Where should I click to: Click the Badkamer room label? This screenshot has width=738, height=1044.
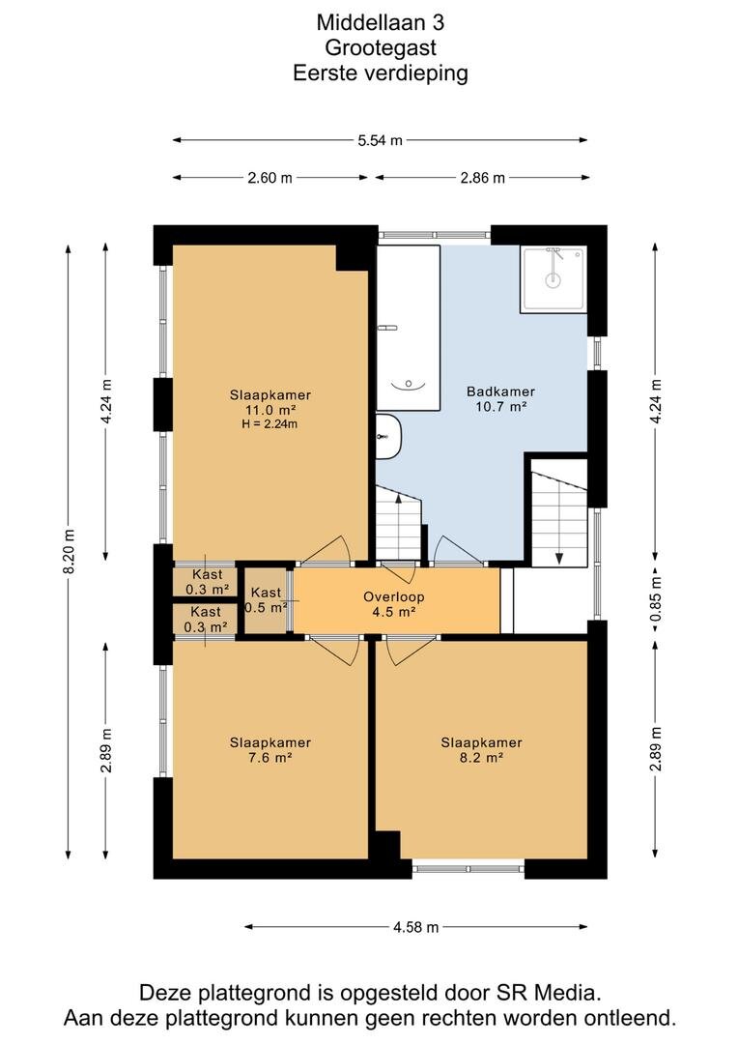[x=500, y=391]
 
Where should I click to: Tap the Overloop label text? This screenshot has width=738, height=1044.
[x=393, y=596]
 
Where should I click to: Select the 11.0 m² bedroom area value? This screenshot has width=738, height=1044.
[x=270, y=410]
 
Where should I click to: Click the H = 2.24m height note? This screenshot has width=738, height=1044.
[x=270, y=424]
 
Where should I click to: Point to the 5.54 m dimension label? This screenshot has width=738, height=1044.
[x=380, y=140]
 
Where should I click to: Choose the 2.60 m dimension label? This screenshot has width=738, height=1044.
[x=270, y=178]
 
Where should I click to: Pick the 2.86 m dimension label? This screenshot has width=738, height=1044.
[x=482, y=178]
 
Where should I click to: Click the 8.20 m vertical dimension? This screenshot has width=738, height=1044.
[x=69, y=552]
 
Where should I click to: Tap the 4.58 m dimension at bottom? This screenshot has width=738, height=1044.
[x=416, y=927]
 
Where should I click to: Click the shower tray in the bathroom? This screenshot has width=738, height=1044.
[x=553, y=279]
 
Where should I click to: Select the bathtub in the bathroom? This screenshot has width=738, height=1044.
[x=408, y=328]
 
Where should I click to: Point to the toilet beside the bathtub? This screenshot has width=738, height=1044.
[x=388, y=437]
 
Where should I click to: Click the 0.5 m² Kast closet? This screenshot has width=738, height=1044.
[x=267, y=599]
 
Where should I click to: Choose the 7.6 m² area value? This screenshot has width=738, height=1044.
[x=270, y=758]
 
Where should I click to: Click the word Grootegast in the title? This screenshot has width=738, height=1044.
[x=381, y=48]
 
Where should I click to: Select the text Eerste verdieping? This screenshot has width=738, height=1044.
[x=381, y=72]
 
